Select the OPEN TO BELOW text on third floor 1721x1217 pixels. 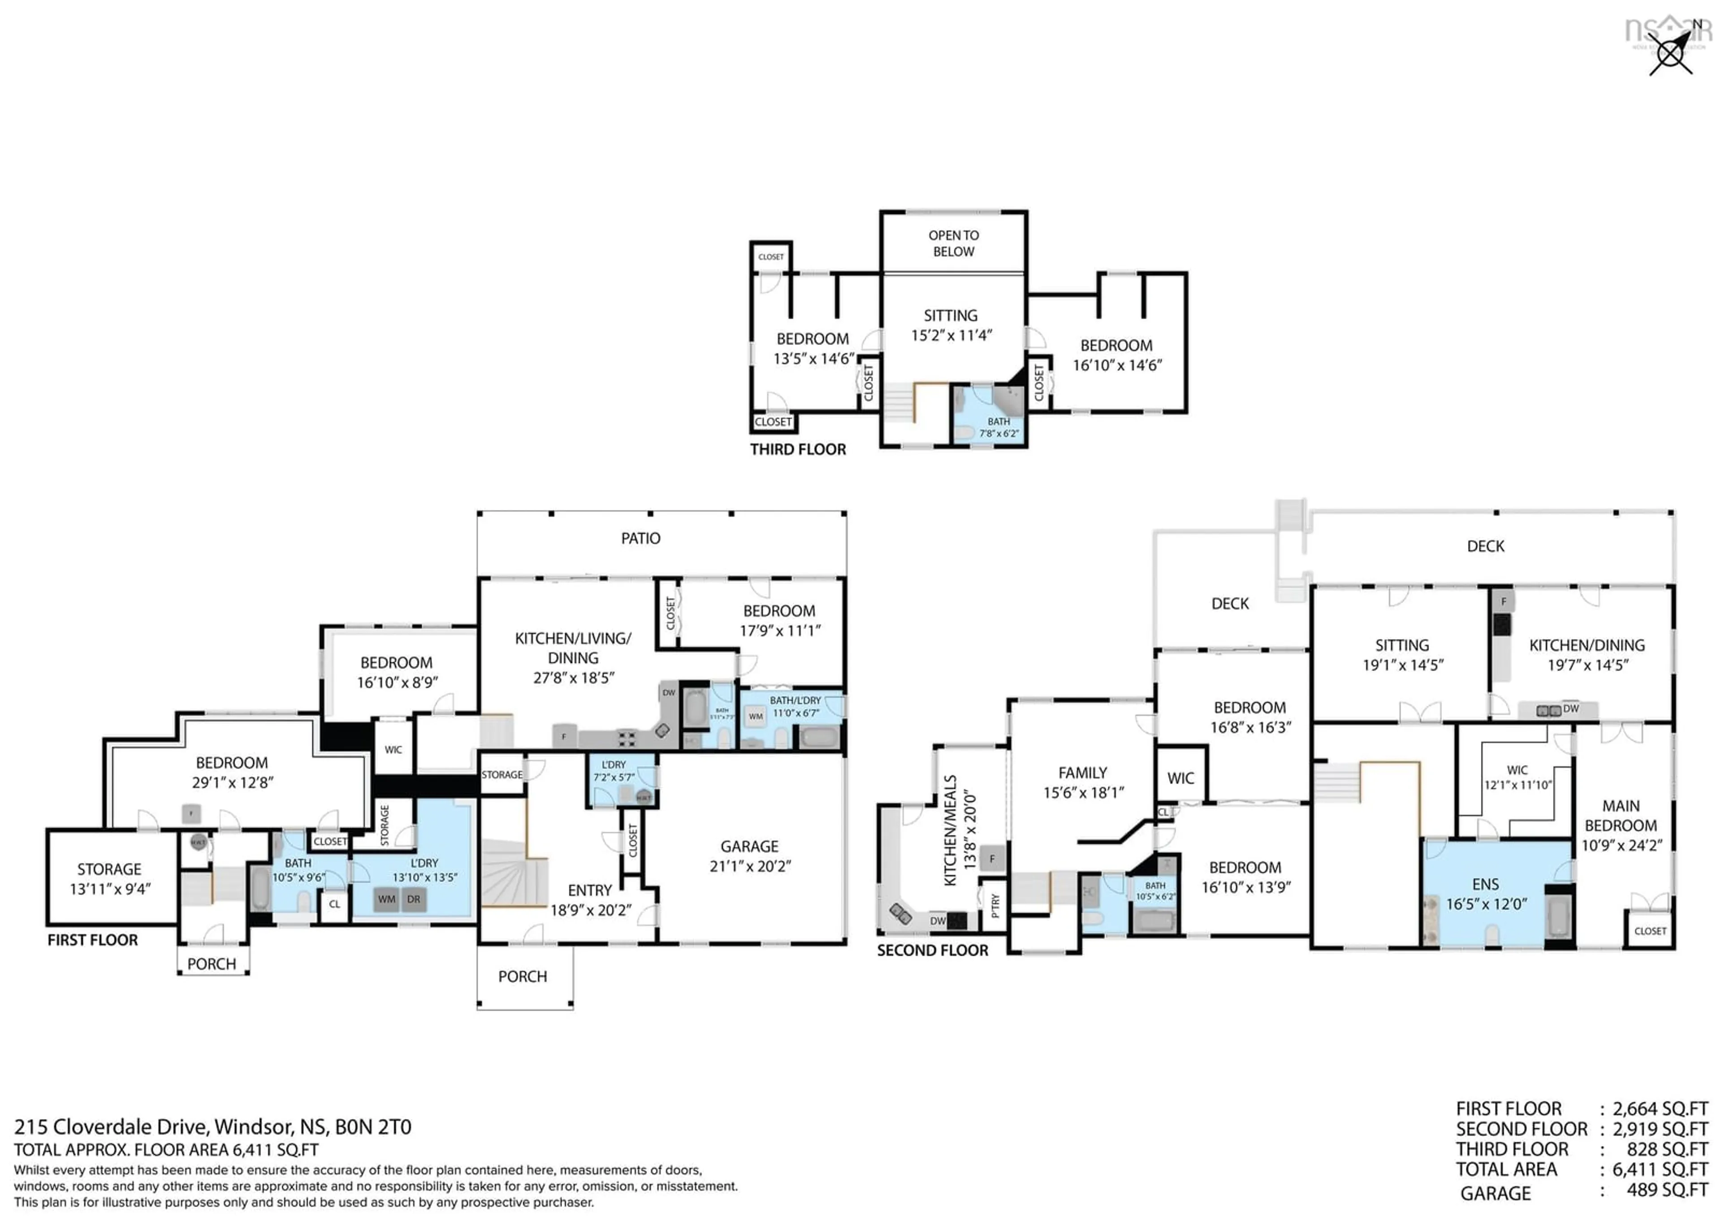[953, 243]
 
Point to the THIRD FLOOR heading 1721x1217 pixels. [798, 449]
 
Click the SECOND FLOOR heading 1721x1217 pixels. [933, 950]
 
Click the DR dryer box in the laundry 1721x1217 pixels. [414, 899]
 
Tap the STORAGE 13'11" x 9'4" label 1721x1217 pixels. [109, 879]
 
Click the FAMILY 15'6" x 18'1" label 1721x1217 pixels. [1083, 782]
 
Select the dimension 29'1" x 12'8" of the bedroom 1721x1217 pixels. [232, 782]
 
